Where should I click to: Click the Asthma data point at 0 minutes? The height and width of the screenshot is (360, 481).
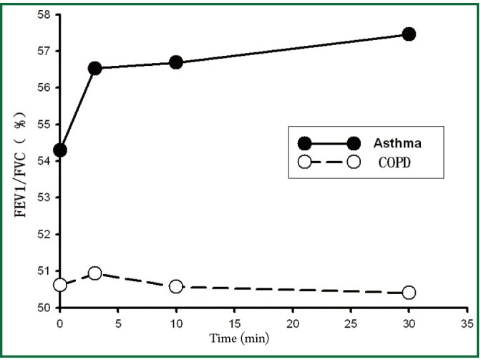(60, 150)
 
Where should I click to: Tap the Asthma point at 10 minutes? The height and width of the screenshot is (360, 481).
(176, 62)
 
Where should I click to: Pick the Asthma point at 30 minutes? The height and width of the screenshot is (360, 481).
(409, 34)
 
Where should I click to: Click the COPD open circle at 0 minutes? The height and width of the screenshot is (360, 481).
(60, 285)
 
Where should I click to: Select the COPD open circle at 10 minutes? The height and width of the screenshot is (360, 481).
(176, 286)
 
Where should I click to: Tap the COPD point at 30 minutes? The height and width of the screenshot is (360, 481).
(409, 292)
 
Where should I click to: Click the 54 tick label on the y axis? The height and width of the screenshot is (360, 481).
(44, 161)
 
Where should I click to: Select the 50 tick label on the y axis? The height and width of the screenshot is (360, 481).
(44, 308)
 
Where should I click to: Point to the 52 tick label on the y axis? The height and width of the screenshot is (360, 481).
(44, 235)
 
